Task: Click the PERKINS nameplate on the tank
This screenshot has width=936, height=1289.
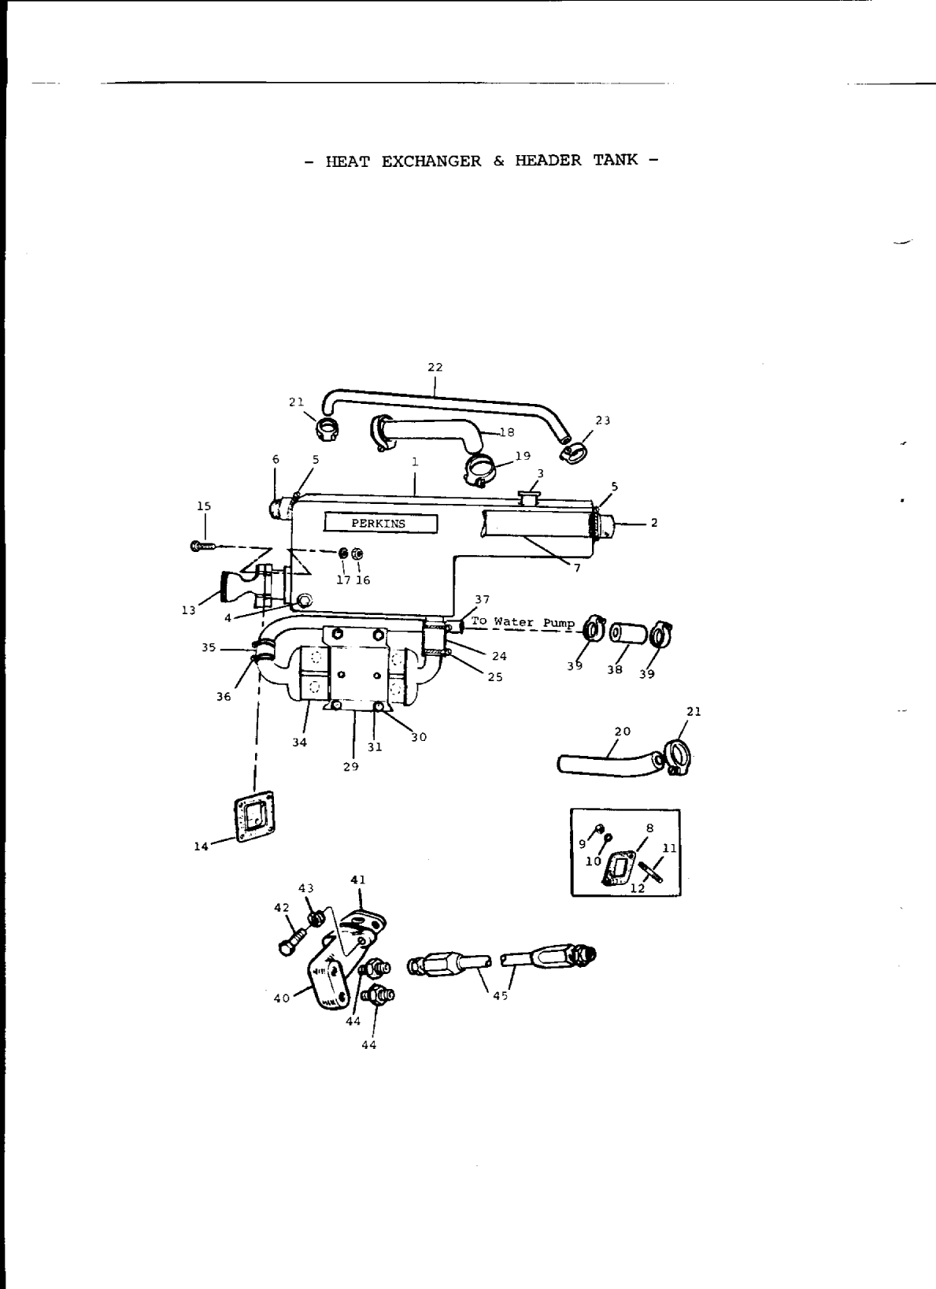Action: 379,524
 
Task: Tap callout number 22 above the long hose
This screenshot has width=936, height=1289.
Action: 435,367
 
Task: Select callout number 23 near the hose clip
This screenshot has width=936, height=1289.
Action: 602,420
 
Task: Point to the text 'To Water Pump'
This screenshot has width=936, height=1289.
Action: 523,622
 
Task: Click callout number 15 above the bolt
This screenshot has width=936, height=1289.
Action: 204,506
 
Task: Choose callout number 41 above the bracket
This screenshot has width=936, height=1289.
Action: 358,880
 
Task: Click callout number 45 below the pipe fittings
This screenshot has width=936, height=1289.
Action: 500,996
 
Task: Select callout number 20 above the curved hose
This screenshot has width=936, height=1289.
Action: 622,732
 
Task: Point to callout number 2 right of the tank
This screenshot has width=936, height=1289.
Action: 655,523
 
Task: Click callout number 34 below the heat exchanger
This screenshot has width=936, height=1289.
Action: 299,742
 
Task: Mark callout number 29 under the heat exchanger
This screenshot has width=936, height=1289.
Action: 351,765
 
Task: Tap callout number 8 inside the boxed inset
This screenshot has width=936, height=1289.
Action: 650,828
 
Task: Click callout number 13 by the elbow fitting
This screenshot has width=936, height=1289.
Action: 189,610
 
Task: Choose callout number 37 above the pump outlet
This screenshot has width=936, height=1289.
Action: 482,600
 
